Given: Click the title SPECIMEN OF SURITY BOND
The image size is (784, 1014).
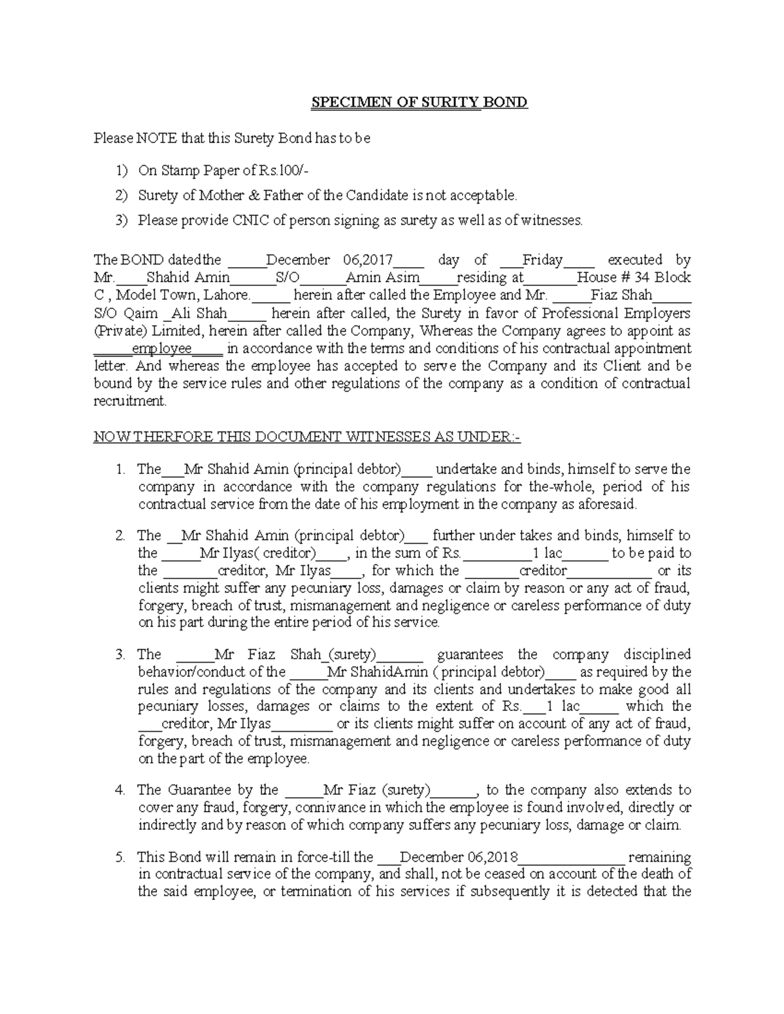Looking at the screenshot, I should point(419,103).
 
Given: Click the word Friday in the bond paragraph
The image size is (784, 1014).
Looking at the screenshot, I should point(542,260).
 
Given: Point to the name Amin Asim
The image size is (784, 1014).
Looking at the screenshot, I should point(382,277).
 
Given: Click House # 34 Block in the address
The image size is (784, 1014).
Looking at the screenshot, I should point(633,277).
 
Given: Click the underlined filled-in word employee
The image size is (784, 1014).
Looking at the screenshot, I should point(162,349).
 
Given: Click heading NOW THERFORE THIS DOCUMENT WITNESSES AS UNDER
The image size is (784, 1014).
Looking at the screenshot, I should point(306,437).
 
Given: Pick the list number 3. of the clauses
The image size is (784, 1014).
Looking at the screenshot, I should point(120,654).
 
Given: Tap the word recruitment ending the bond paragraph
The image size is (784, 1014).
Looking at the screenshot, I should point(130,401).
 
